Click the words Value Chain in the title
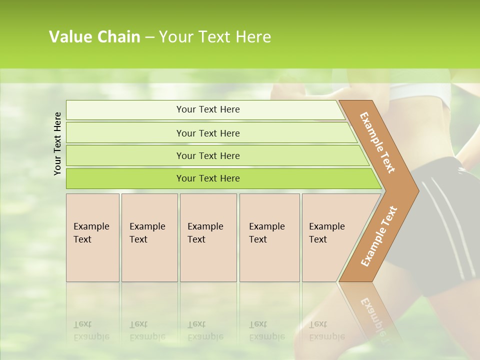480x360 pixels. [x=94, y=37]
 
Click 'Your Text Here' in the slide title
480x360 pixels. [x=215, y=37]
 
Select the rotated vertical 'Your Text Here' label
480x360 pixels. [x=57, y=144]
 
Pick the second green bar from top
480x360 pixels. [x=207, y=133]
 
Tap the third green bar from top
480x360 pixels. [x=207, y=155]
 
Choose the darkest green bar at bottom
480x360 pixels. [x=207, y=178]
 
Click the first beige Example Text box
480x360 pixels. [x=92, y=237]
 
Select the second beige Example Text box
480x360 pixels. [x=149, y=237]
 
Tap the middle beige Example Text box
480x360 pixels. [x=208, y=237]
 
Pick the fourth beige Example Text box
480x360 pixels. [x=269, y=237]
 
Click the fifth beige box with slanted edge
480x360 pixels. [x=327, y=237]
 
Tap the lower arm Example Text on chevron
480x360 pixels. [x=379, y=236]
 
